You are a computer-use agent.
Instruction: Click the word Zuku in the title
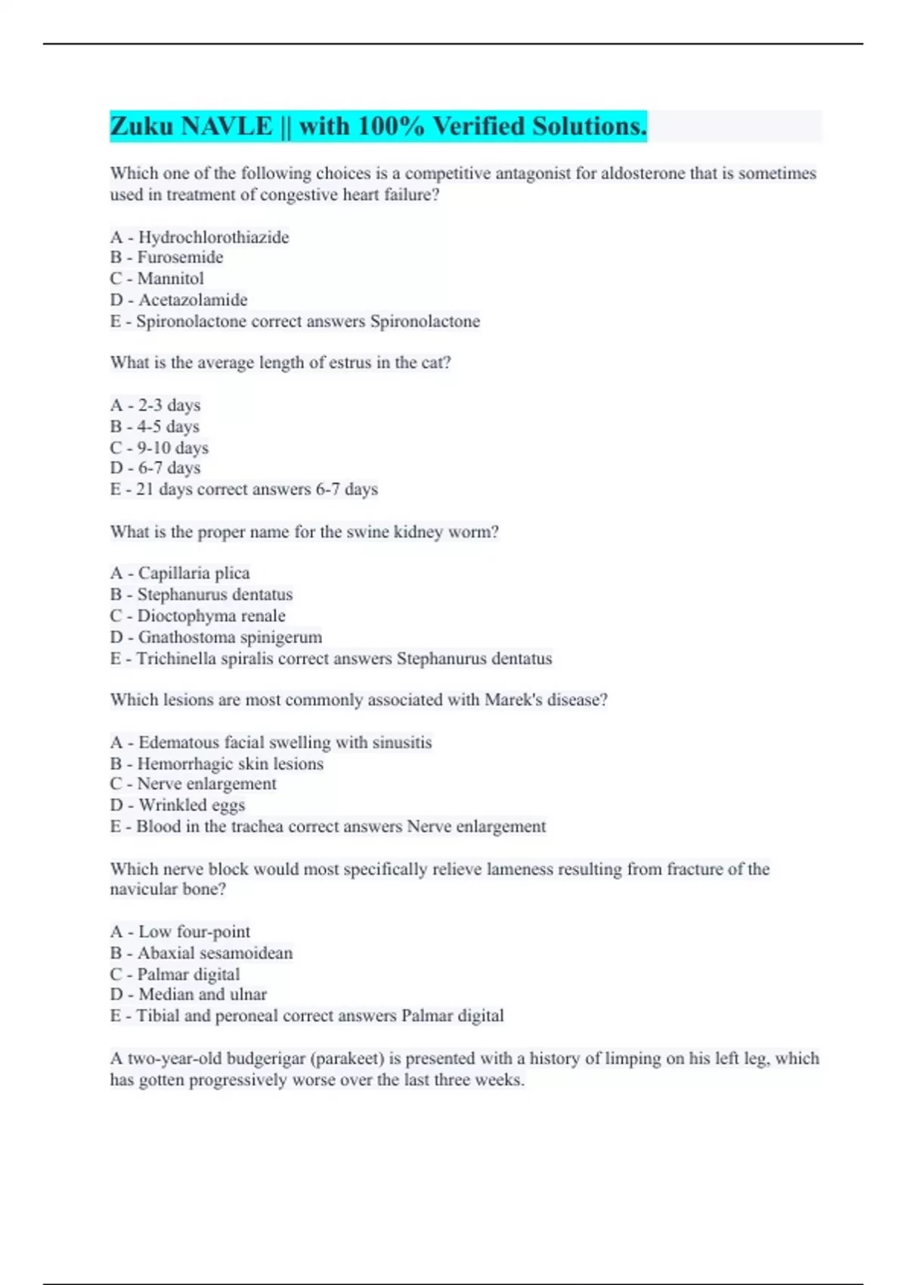point(141,126)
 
